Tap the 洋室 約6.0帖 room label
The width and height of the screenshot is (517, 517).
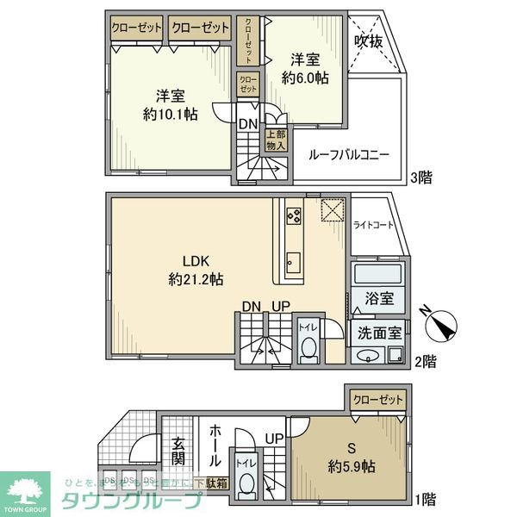(307, 67)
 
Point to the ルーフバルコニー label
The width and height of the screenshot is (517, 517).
(349, 155)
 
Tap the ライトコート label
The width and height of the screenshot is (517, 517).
(374, 226)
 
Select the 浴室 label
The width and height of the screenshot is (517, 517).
(380, 299)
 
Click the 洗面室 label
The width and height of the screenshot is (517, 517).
(380, 332)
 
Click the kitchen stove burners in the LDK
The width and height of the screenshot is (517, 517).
(291, 215)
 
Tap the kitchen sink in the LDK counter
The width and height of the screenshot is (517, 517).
(292, 261)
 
